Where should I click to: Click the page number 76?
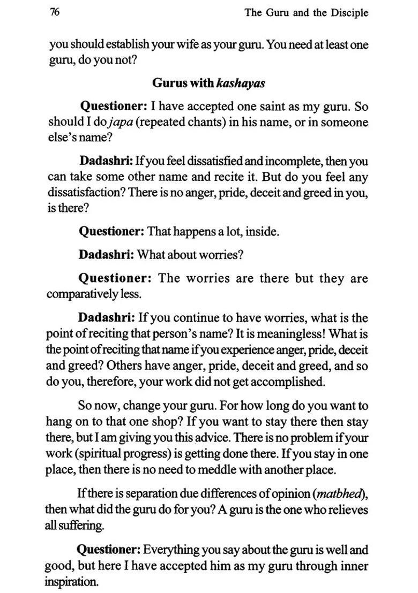tap(54, 12)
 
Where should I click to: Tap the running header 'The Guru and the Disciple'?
tap(306, 13)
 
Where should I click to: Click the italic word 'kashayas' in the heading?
tap(241, 83)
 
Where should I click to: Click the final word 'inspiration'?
tap(71, 582)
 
